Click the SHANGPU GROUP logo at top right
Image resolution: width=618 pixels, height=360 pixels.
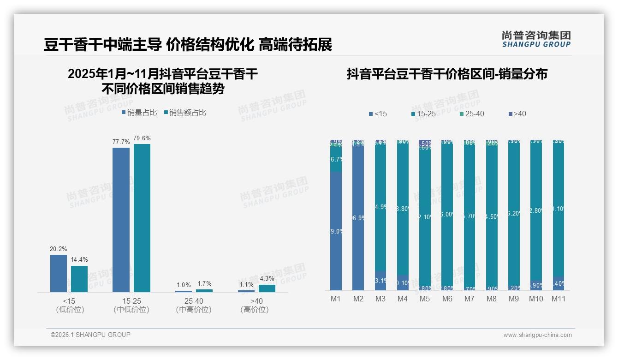(536, 39)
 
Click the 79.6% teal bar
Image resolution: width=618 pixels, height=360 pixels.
(142, 218)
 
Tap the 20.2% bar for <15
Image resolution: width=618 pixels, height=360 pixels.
(59, 273)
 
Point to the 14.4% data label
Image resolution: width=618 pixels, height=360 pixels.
(79, 260)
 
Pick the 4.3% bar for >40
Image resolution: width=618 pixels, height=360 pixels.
(267, 288)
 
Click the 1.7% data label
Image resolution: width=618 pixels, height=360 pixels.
(204, 284)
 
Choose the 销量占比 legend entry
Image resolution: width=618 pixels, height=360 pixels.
(140, 113)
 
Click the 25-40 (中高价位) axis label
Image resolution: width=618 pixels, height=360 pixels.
(194, 306)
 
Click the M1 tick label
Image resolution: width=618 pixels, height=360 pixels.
(336, 299)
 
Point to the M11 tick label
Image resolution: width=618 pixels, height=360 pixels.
(559, 299)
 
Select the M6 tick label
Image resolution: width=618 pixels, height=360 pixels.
(447, 299)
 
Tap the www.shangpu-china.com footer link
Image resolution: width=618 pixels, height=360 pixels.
(537, 335)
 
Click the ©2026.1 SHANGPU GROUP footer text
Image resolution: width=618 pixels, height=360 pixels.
(90, 335)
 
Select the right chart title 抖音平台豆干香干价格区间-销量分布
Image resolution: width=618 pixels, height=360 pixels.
(446, 74)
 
